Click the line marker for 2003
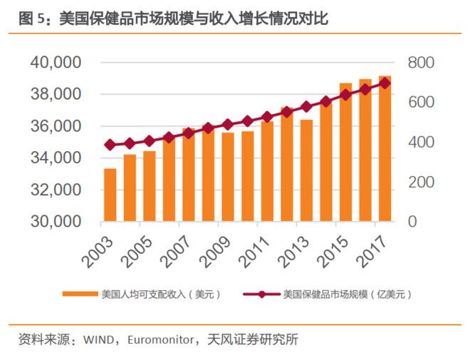tap(110, 145)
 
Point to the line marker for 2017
tap(385, 83)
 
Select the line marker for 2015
tap(345, 95)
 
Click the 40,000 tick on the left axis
tap(55, 63)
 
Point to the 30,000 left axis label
tap(55, 222)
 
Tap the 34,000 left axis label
tap(55, 158)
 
